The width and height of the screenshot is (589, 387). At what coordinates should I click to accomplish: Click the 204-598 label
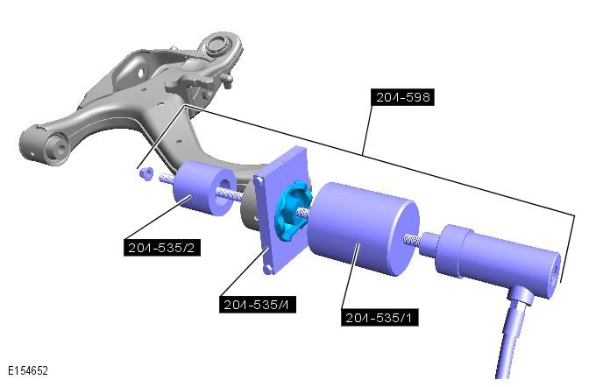tap(402, 97)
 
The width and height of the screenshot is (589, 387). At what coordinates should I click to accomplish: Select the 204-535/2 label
tap(162, 248)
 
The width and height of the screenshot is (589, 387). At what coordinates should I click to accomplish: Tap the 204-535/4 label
tap(258, 304)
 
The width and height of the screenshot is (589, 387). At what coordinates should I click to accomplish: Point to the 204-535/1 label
tap(380, 318)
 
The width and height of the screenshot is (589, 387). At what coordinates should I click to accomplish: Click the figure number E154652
tap(28, 371)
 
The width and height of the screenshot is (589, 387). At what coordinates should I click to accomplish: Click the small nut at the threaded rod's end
tap(146, 173)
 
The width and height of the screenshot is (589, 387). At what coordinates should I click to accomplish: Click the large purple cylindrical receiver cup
tap(364, 229)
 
